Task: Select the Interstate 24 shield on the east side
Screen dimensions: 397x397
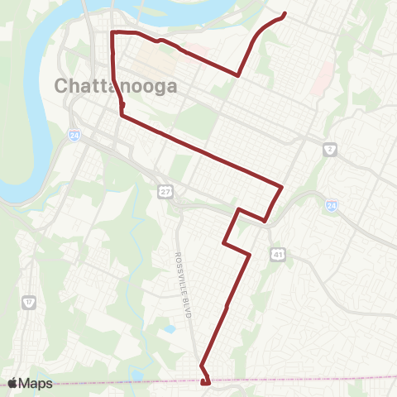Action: click(x=331, y=205)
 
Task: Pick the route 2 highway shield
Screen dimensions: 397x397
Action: click(x=329, y=150)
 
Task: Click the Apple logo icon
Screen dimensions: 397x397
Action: click(x=13, y=383)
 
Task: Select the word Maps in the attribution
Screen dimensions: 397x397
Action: click(x=36, y=383)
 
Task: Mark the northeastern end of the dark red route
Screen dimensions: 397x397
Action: click(x=285, y=13)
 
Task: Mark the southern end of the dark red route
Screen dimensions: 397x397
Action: click(x=204, y=382)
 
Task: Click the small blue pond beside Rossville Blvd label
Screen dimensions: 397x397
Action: click(x=170, y=329)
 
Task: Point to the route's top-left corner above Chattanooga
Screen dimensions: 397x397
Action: click(x=112, y=31)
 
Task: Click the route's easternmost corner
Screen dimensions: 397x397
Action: click(x=283, y=187)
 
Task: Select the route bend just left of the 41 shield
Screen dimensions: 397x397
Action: click(x=249, y=255)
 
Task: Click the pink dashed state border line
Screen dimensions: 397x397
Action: click(x=314, y=380)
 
